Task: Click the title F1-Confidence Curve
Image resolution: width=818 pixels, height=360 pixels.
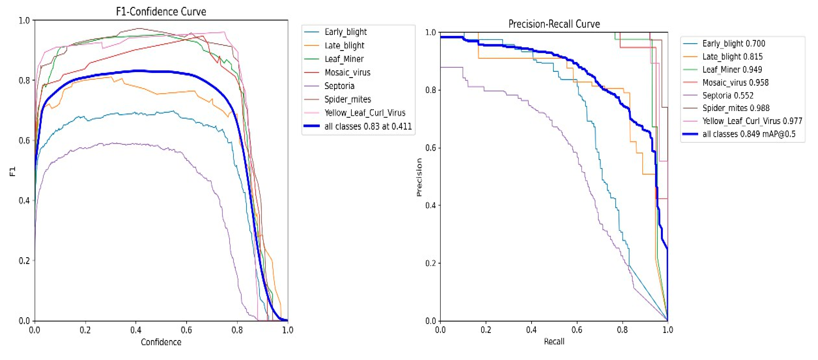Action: [x=161, y=12]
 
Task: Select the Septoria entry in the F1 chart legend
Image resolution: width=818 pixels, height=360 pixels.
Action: [x=339, y=86]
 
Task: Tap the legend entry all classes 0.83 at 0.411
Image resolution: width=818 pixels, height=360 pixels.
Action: [x=368, y=126]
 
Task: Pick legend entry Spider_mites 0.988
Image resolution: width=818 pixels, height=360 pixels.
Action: [x=736, y=108]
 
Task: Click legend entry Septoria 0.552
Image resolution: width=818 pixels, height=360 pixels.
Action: [x=728, y=95]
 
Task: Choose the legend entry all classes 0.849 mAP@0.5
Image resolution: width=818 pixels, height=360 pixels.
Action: [x=749, y=134]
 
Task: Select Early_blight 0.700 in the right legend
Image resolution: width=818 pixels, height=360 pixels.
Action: [x=733, y=43]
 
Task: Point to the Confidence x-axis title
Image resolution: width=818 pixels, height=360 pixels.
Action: [x=161, y=342]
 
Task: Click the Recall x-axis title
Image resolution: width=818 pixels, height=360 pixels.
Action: [x=554, y=341]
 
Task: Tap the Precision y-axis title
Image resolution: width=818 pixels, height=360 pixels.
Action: [x=419, y=177]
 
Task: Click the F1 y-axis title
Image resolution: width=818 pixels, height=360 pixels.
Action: [x=12, y=171]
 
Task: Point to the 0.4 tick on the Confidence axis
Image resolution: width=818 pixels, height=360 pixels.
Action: [x=136, y=330]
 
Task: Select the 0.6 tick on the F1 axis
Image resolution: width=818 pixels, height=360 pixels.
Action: [x=24, y=140]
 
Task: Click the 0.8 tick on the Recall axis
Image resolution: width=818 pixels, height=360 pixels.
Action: [x=622, y=330]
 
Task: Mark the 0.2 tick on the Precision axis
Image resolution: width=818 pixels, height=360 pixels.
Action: [x=431, y=263]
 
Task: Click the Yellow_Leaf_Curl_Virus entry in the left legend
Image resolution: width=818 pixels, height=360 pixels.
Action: [x=365, y=113]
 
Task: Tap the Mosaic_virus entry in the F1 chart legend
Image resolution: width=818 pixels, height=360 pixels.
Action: [x=347, y=72]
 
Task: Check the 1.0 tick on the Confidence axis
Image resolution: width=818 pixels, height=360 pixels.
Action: [x=288, y=330]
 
